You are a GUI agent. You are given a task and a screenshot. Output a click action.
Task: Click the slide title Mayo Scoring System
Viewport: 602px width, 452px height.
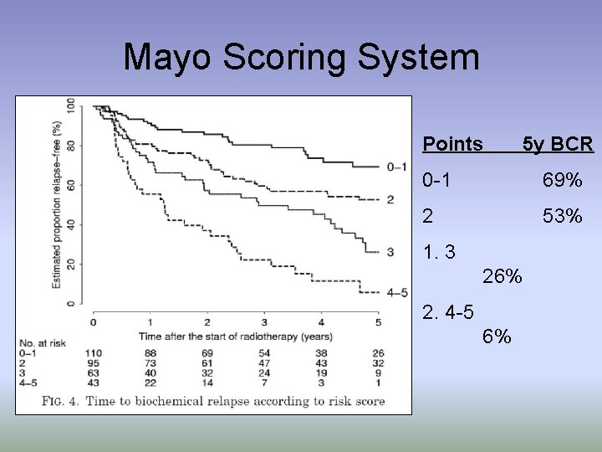point(301,58)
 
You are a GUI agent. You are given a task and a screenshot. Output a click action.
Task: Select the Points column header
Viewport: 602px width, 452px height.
point(452,144)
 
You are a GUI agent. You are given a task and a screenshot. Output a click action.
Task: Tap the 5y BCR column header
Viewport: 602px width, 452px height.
point(558,144)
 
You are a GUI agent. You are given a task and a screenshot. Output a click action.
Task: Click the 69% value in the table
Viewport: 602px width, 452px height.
point(562,180)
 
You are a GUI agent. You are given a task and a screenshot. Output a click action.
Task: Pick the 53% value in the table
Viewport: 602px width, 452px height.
point(562,216)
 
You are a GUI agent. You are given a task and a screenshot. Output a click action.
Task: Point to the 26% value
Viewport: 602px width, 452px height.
point(503,275)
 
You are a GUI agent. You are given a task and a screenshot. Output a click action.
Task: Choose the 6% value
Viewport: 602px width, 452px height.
point(497,336)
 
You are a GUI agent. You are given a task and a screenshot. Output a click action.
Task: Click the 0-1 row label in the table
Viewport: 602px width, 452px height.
point(440,180)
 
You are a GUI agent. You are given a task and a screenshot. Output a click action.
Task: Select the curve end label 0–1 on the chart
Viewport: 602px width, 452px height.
point(397,167)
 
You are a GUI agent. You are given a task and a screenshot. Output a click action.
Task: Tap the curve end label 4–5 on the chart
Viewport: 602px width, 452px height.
point(397,293)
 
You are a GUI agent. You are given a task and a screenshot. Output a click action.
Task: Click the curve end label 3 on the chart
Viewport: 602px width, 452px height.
point(390,252)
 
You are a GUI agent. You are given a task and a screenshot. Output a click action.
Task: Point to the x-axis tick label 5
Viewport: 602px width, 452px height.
point(378,322)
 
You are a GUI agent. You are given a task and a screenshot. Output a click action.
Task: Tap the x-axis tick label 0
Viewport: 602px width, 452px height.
point(93,322)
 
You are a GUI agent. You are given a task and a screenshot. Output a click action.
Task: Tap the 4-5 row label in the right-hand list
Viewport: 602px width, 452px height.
point(449,312)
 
